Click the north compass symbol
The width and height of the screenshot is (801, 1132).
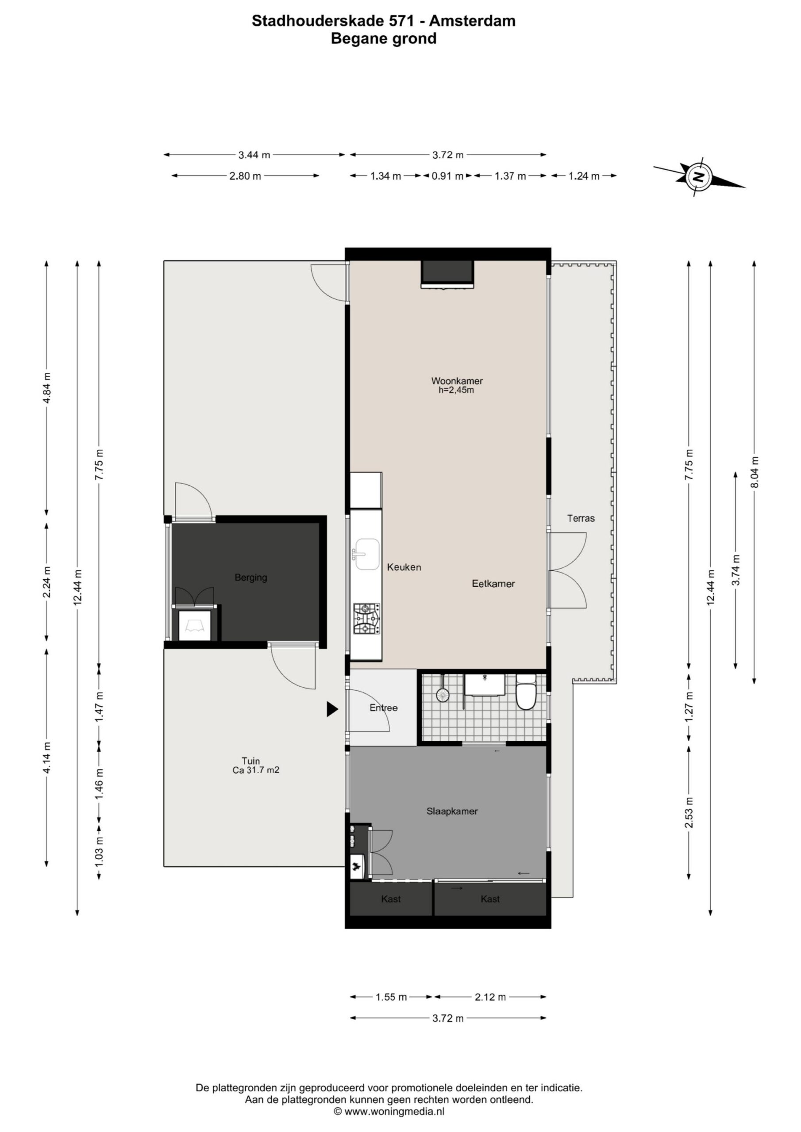click(699, 176)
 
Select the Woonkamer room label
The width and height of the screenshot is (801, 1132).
click(457, 381)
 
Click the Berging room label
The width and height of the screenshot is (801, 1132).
click(251, 577)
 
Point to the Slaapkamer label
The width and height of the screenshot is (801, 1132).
click(452, 811)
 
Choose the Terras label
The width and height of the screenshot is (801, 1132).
click(581, 518)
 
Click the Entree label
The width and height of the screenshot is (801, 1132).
click(384, 707)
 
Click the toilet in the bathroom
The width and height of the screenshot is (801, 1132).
click(526, 692)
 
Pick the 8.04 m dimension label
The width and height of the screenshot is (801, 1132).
click(754, 472)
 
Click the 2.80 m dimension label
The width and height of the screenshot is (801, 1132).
click(245, 176)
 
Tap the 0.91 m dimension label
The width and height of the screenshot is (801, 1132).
click(448, 176)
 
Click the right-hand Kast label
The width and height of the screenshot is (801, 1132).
click(490, 899)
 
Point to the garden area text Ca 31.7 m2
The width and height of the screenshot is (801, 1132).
click(256, 769)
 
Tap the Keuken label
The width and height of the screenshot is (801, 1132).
click(404, 567)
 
